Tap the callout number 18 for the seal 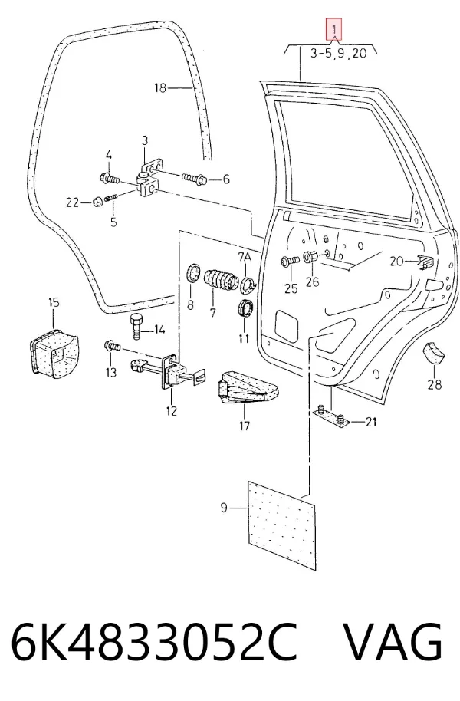coord(160,88)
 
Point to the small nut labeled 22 coord(96,202)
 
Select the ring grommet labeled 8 coord(194,273)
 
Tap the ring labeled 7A coord(247,284)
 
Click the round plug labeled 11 coord(244,308)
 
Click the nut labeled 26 coord(310,257)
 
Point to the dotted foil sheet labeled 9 coord(281,526)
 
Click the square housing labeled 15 coord(53,350)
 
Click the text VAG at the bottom coord(392,643)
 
